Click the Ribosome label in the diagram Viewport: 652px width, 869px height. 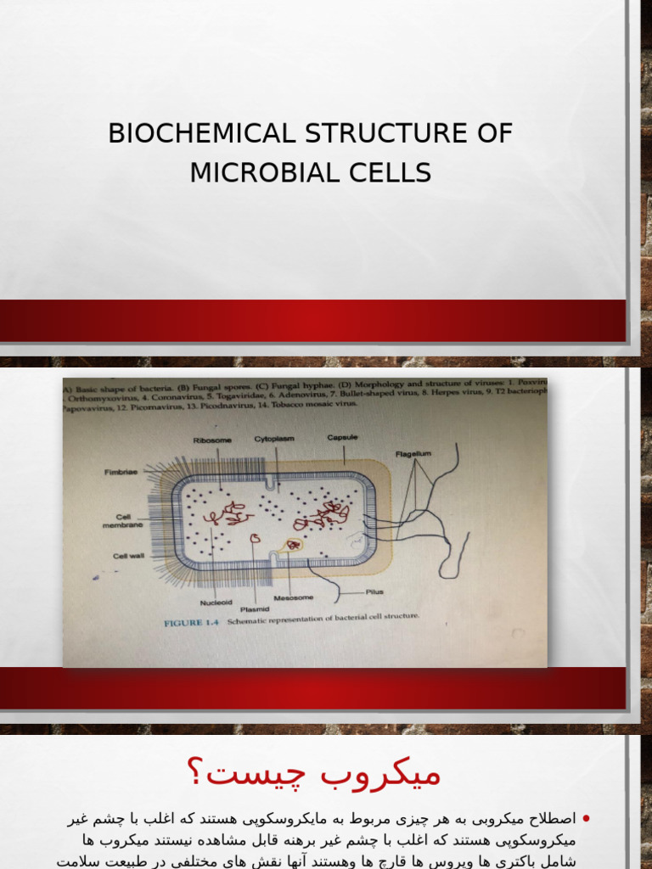tap(211, 440)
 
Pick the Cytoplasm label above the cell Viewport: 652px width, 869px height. tap(273, 439)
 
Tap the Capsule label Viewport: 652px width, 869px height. tap(342, 437)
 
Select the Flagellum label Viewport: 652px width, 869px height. tap(413, 454)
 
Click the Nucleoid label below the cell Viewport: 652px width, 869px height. tap(216, 603)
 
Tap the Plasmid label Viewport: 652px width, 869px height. tap(255, 608)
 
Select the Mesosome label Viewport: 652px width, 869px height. tap(305, 597)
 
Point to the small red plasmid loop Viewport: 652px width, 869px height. tap(254, 537)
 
